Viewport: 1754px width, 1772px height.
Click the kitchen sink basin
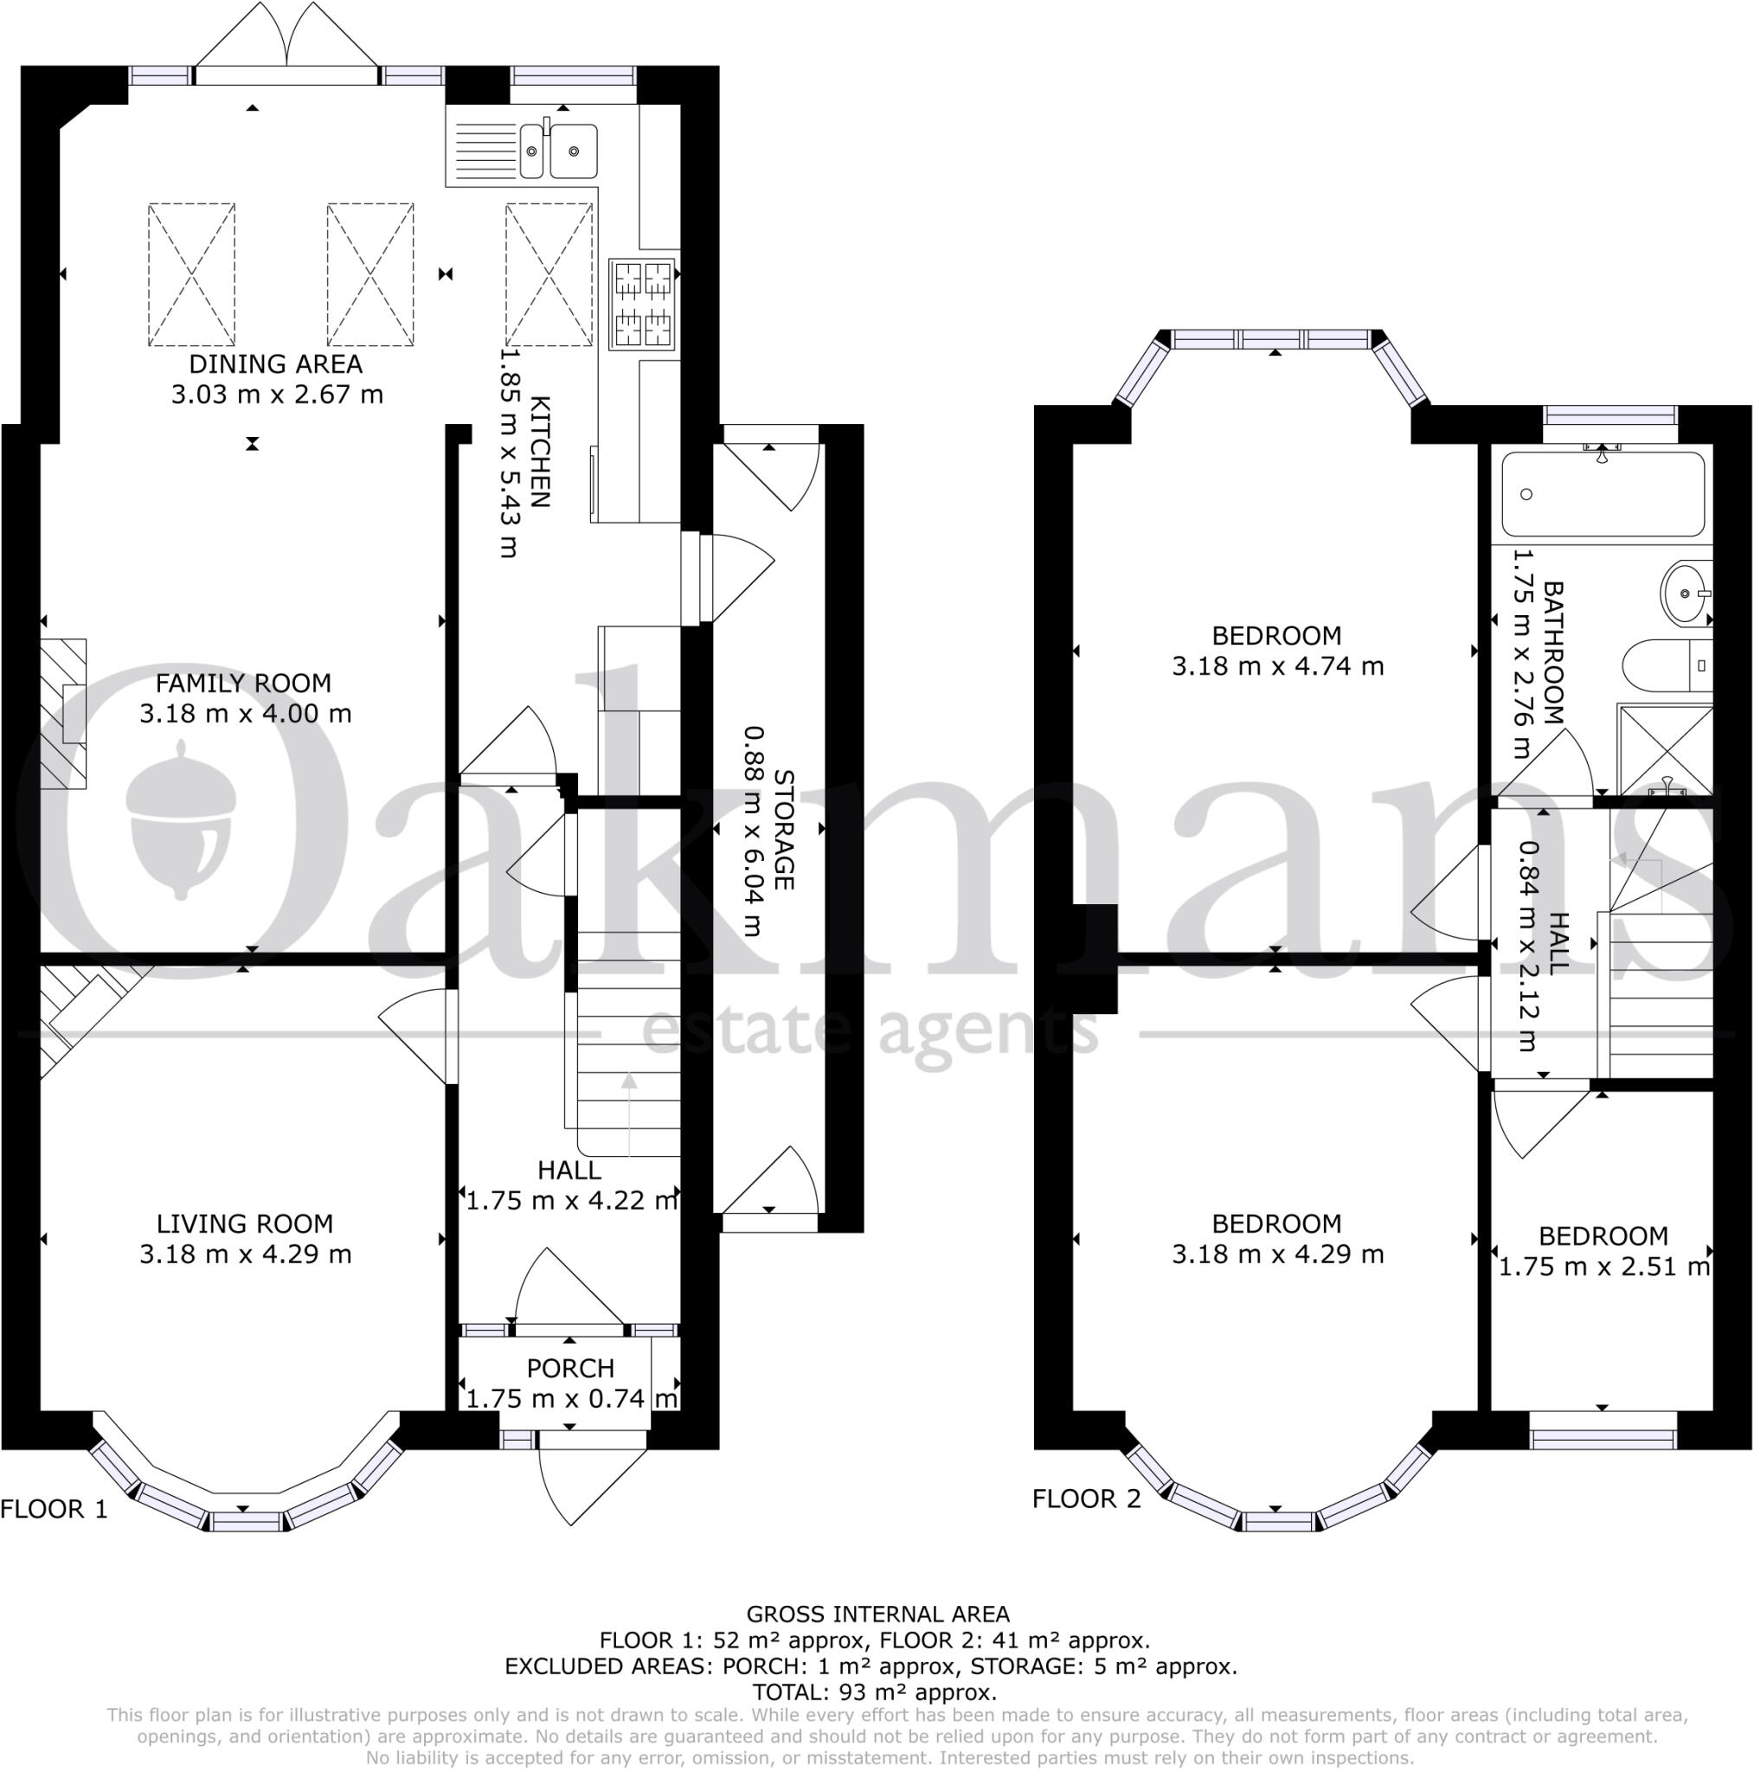574,151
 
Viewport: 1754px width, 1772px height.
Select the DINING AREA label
275,364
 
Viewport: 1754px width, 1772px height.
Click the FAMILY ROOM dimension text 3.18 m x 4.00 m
245,714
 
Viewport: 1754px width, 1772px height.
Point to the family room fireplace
63,714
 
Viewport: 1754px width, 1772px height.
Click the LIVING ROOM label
244,1223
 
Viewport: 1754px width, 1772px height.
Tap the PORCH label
569,1369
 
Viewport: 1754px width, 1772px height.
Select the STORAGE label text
782,829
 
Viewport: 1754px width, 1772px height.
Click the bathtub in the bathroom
1602,493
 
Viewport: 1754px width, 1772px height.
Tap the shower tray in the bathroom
1664,750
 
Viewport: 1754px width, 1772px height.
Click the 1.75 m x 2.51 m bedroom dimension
1603,1267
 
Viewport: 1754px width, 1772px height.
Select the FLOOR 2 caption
1086,1499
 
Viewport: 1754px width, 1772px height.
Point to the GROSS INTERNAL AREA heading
877,1615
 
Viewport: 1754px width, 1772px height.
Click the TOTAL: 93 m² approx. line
874,1692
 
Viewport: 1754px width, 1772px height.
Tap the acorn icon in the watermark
179,821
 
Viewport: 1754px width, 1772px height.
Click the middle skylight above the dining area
369,274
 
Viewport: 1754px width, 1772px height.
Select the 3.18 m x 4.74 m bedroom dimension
1277,666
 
